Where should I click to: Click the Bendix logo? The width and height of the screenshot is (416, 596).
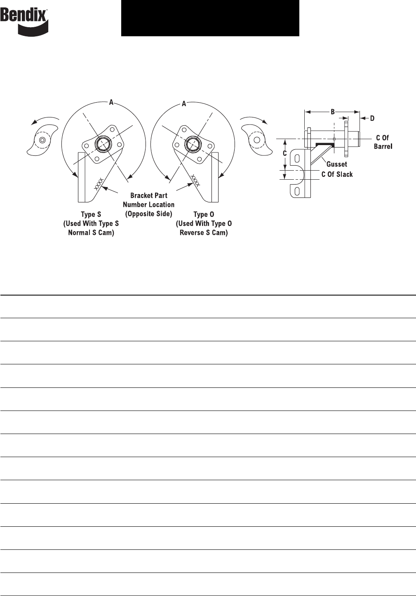coord(24,22)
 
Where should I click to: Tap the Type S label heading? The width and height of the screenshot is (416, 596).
coord(91,214)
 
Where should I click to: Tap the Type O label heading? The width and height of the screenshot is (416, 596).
coord(204,214)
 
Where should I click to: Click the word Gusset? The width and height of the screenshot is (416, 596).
coord(337,164)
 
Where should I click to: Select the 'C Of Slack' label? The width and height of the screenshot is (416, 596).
coord(337,174)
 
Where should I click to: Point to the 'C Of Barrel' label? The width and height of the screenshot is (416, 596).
coord(383,142)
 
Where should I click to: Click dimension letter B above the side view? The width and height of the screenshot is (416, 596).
coord(332,112)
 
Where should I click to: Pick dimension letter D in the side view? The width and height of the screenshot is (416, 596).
coord(372,118)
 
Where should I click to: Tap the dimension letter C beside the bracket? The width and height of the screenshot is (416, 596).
coord(285,153)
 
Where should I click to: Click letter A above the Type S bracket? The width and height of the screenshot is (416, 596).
coord(111,102)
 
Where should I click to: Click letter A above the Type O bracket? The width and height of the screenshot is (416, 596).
coord(184,104)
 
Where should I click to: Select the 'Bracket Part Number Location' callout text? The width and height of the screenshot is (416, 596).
coord(148,204)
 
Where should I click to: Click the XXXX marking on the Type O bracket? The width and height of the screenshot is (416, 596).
coord(195,180)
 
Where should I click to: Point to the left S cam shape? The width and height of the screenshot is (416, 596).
coord(42,140)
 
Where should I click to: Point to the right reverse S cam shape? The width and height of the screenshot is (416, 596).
coord(257,140)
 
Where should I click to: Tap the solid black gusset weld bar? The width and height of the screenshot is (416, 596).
coord(325,144)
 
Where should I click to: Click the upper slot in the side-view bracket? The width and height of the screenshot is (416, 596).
coord(297,159)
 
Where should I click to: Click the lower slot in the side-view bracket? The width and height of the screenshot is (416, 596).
coord(297,191)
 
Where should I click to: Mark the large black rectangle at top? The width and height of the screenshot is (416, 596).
coord(210,18)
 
